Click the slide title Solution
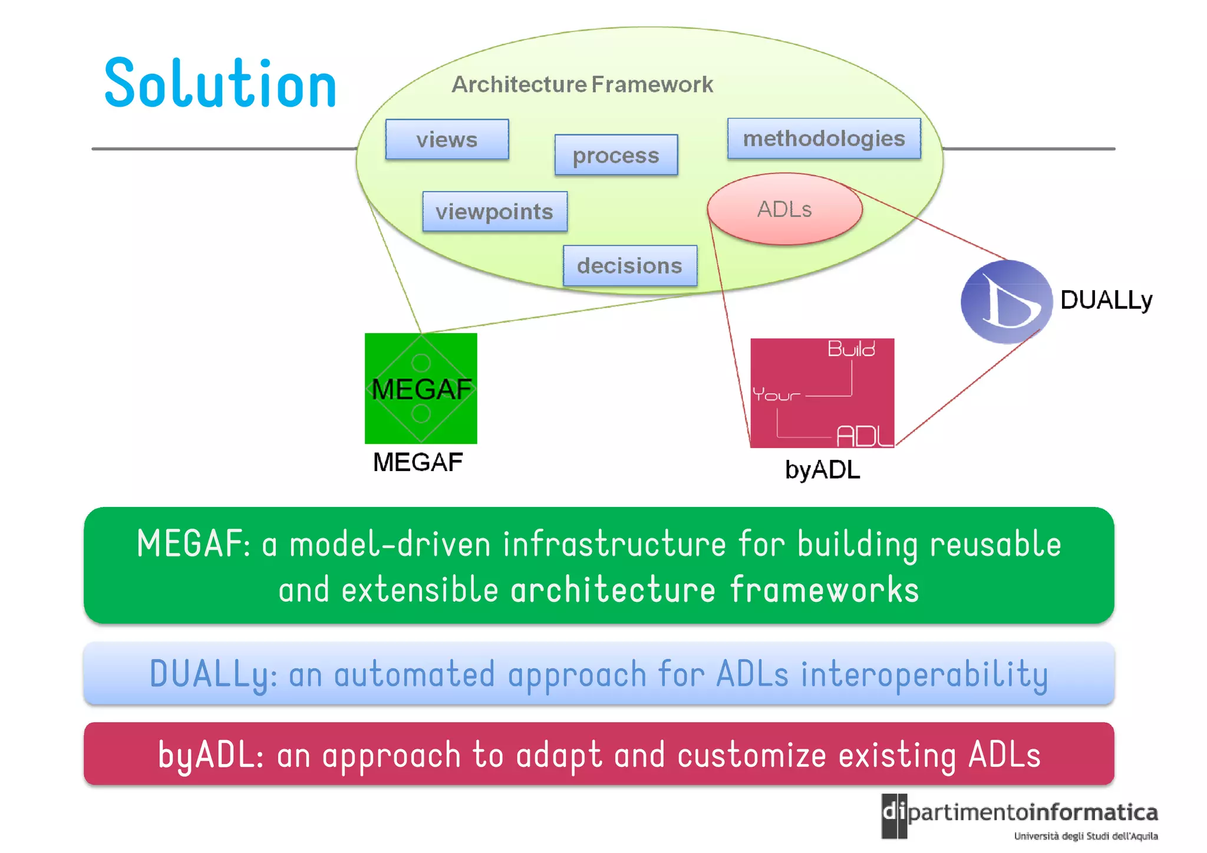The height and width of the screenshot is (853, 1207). click(x=220, y=84)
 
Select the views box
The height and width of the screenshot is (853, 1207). click(x=447, y=140)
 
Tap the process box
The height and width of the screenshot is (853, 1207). click(x=616, y=155)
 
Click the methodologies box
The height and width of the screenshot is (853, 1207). click(x=823, y=139)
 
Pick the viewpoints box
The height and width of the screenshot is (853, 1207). click(x=494, y=212)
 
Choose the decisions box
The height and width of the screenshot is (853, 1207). click(x=629, y=266)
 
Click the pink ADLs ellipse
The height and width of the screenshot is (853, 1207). click(x=784, y=209)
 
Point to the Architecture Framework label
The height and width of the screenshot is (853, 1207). click(x=582, y=84)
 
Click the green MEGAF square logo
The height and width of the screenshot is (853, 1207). click(x=421, y=388)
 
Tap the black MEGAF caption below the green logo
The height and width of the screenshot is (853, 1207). click(x=418, y=462)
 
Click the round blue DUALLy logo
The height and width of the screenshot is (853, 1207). click(x=1006, y=302)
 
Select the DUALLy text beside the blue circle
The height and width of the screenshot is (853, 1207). click(x=1106, y=300)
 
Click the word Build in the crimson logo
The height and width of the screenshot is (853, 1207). click(x=851, y=349)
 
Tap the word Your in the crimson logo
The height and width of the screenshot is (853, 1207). click(x=776, y=394)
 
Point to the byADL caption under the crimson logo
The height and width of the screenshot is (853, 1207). click(x=822, y=470)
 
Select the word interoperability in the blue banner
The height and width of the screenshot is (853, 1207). click(x=924, y=674)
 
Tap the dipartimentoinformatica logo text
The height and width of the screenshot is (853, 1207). click(x=1031, y=813)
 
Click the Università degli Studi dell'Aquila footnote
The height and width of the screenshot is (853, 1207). click(x=1086, y=836)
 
